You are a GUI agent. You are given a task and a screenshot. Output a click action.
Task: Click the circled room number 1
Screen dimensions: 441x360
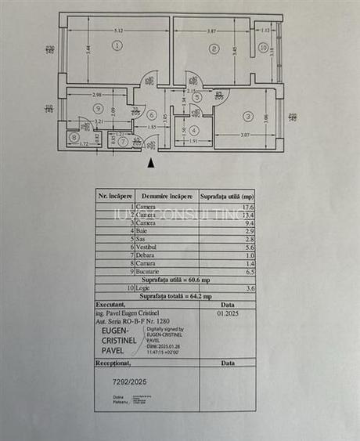click(117, 46)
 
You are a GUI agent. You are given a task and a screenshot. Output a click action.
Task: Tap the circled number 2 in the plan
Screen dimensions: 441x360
click(213, 49)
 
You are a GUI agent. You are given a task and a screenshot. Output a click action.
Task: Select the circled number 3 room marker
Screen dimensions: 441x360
click(248, 117)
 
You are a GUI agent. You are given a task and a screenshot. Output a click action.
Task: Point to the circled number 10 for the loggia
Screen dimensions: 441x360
click(263, 48)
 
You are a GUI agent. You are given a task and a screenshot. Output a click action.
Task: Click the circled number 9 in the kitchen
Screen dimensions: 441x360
click(98, 107)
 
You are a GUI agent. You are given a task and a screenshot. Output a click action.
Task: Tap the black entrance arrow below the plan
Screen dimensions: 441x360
click(150, 162)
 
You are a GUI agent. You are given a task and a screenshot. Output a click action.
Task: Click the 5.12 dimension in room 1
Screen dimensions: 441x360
click(118, 30)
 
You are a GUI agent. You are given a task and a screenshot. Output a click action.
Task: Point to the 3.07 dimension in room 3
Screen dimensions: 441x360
click(244, 136)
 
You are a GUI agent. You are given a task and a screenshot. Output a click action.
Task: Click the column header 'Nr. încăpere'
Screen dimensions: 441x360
click(114, 196)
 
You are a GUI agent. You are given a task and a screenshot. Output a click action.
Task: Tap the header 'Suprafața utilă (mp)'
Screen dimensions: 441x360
click(227, 196)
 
